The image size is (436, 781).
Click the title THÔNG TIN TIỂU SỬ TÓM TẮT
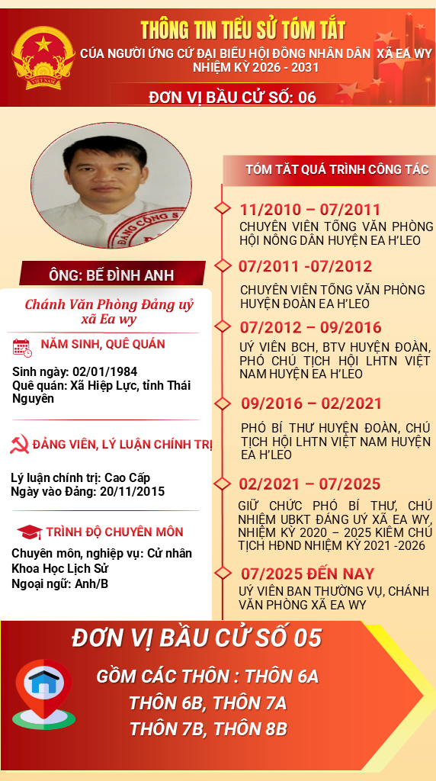point(243,31)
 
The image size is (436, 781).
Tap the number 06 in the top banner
point(307,97)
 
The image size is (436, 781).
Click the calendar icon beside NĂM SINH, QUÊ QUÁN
point(22,348)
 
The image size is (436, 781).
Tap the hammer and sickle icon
point(20,444)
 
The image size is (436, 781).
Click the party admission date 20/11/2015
point(131,492)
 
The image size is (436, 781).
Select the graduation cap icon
point(30,532)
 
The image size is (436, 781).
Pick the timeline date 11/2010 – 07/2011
point(309,210)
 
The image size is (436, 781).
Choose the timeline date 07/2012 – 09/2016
point(310,327)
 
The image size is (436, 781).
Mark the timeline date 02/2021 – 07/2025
point(309,484)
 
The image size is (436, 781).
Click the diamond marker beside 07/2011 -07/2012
point(223,265)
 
